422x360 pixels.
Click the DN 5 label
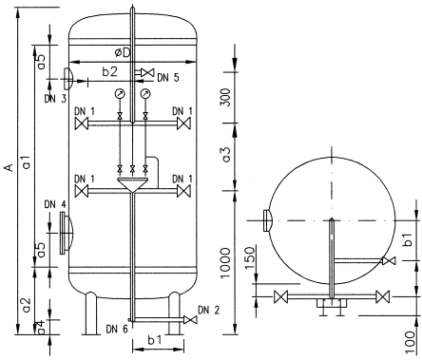[168, 78]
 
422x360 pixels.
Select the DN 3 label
[55, 99]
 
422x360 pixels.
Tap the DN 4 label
[55, 205]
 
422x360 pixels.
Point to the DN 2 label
[209, 311]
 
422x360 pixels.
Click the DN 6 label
[117, 330]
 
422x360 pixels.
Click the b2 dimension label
[109, 72]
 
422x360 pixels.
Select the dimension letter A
[10, 167]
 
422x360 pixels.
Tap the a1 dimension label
[27, 161]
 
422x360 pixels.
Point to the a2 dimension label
[27, 305]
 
